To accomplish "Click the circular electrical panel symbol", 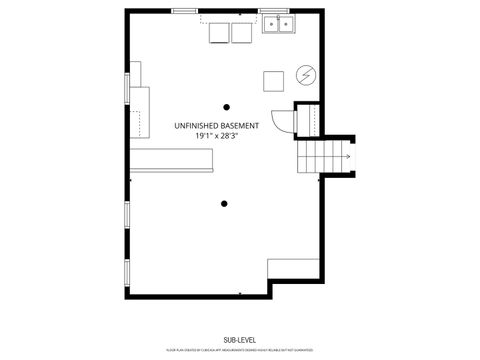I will coord(306,76).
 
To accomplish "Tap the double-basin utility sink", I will coord(278,25).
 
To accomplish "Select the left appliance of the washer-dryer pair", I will coord(219,33).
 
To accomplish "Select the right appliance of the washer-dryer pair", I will coord(241,33).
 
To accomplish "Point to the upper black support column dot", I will coord(227,106).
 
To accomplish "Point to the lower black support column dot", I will coord(222,204).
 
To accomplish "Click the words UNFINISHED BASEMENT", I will coord(217,125).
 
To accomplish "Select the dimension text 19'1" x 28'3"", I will coord(217,135).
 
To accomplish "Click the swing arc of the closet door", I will coord(284,122).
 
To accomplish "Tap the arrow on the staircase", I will coord(346,157).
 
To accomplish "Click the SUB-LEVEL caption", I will coord(240,341).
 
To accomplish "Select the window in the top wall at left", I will coord(184,11).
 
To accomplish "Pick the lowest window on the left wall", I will coord(127,272).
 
